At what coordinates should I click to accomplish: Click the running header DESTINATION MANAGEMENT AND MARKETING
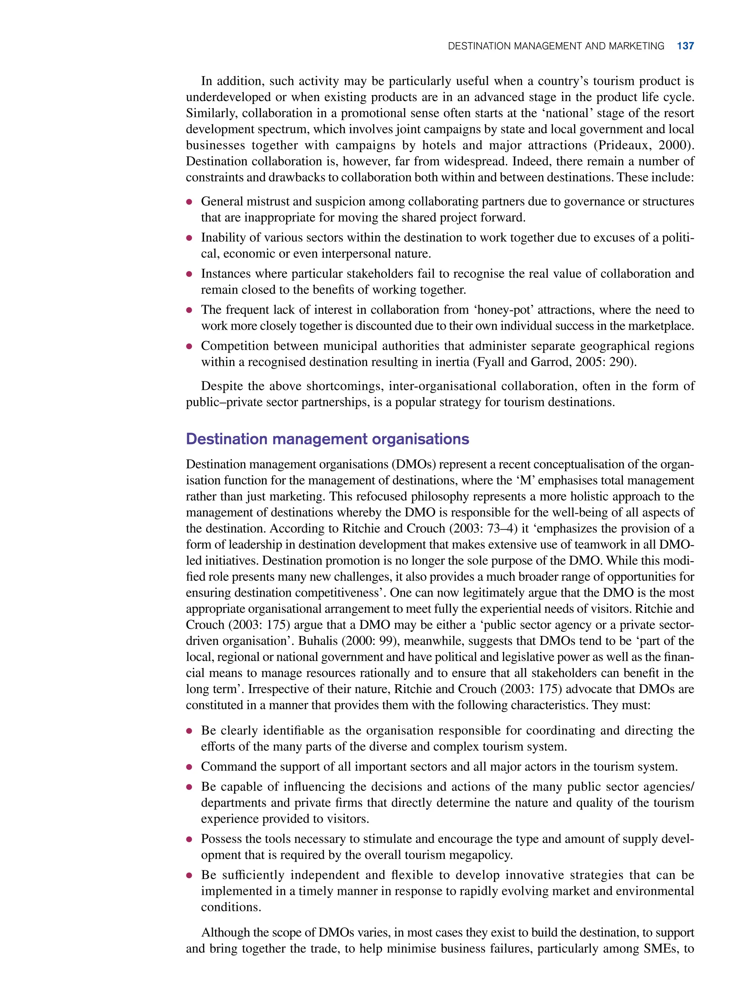click(x=555, y=46)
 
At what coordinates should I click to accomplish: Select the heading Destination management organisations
click(x=327, y=439)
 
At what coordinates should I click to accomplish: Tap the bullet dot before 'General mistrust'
click(x=189, y=202)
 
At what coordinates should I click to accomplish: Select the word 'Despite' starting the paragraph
click(x=223, y=386)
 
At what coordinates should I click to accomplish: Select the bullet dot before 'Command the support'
click(x=189, y=767)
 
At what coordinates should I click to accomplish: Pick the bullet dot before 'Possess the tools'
click(x=189, y=839)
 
